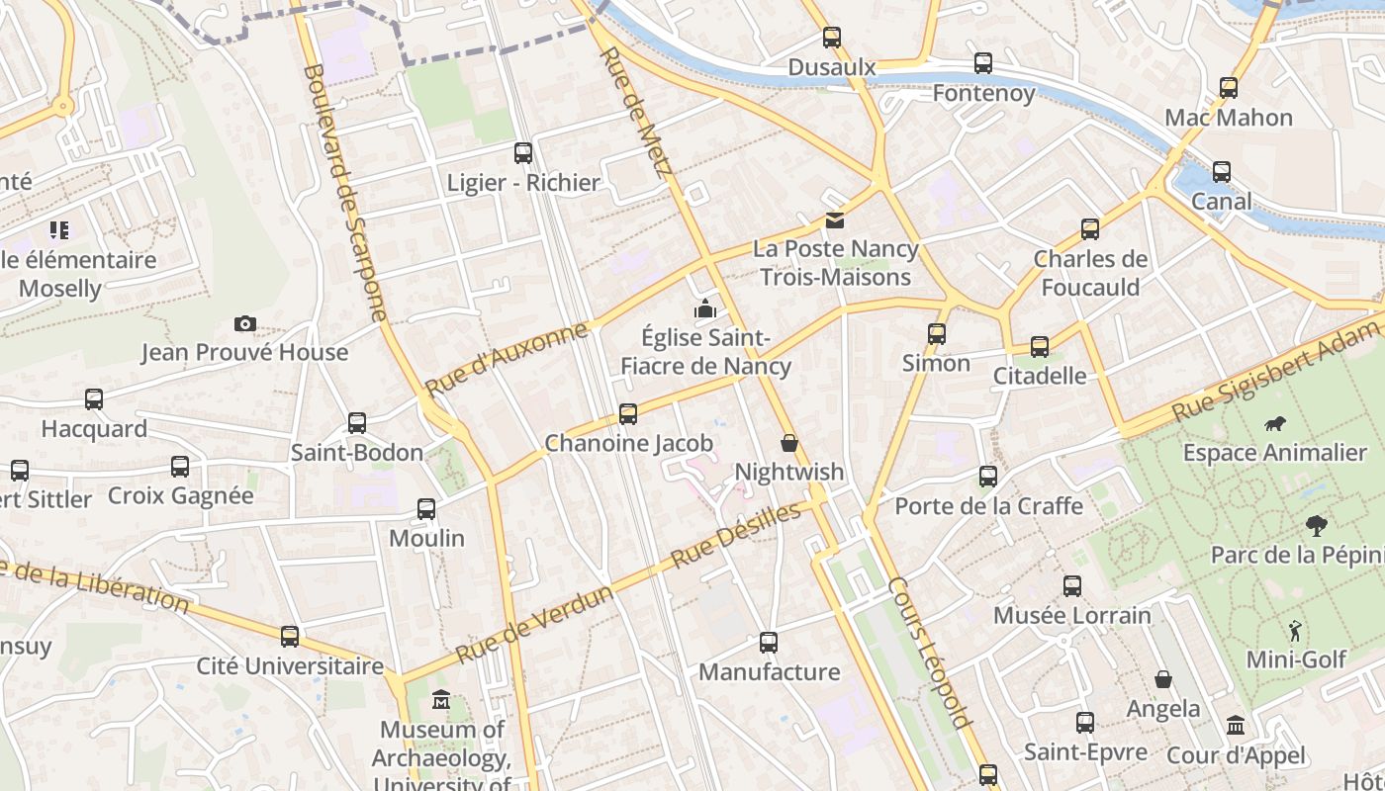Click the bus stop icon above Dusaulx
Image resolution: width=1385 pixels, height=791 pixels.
click(832, 39)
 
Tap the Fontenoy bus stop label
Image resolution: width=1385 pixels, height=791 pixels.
click(983, 93)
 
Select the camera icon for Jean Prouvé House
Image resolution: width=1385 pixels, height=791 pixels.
click(245, 324)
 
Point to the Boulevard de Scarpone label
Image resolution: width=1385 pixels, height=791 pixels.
click(345, 193)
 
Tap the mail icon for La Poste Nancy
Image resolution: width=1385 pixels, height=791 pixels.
click(835, 220)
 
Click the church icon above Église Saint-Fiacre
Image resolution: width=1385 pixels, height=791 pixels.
click(704, 309)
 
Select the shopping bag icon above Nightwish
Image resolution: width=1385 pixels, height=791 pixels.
click(789, 443)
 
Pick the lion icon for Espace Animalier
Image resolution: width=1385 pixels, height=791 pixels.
click(1275, 424)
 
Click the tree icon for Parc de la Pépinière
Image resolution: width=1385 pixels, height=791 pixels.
click(1316, 526)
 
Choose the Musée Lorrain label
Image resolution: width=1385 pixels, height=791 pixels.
click(1072, 615)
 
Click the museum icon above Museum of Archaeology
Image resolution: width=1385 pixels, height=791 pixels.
click(441, 701)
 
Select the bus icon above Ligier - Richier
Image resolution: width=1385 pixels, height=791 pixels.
click(523, 153)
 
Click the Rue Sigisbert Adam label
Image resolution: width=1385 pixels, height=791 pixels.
click(1276, 370)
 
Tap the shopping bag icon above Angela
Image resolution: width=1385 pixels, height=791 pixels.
click(1163, 680)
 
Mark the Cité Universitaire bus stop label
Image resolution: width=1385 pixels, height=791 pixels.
click(290, 665)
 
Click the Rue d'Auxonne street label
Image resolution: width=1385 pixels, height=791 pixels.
click(507, 358)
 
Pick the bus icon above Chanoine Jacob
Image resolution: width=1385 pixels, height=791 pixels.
click(628, 414)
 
